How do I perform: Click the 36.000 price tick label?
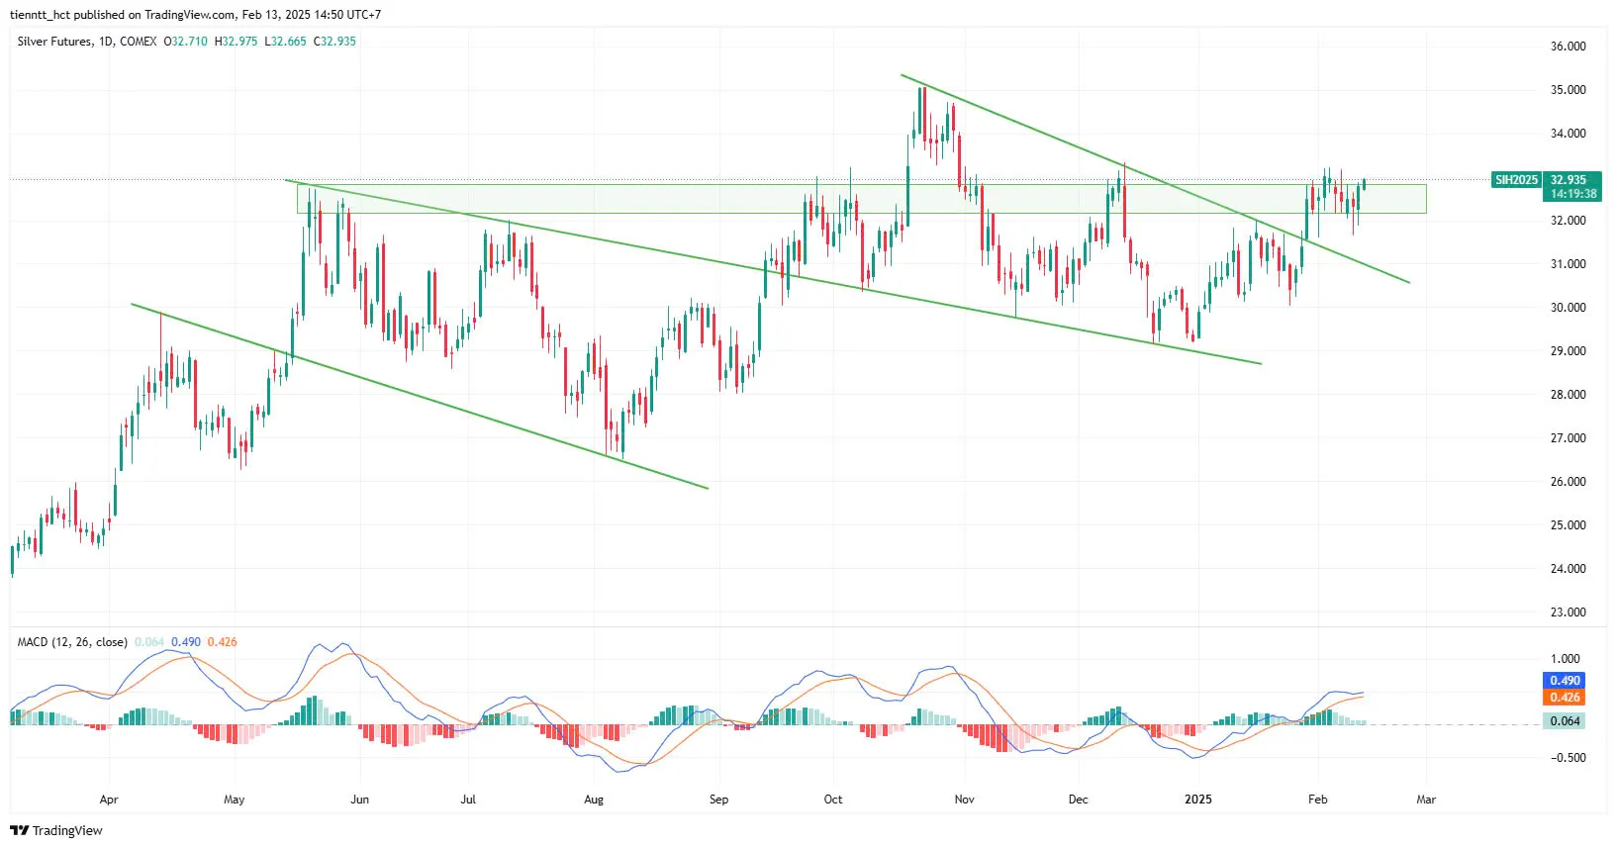1568,47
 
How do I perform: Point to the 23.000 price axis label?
1568,612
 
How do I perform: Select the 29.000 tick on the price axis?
1568,351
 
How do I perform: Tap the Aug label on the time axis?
594,800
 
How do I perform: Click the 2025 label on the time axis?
1197,800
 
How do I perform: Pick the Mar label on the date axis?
1426,800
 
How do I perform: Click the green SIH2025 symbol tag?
1516,180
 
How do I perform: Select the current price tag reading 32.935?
1568,180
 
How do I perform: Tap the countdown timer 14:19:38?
1572,194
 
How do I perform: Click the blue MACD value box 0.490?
1565,681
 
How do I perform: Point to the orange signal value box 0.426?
1565,698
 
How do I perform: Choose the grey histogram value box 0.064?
1565,721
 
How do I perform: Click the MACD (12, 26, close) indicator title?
72,642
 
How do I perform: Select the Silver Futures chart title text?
55,42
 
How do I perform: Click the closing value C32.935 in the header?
334,42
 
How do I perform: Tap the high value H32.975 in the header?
236,42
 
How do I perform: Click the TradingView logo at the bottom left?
56,830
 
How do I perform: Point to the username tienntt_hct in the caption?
40,15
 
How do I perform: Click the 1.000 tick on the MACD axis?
1566,659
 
